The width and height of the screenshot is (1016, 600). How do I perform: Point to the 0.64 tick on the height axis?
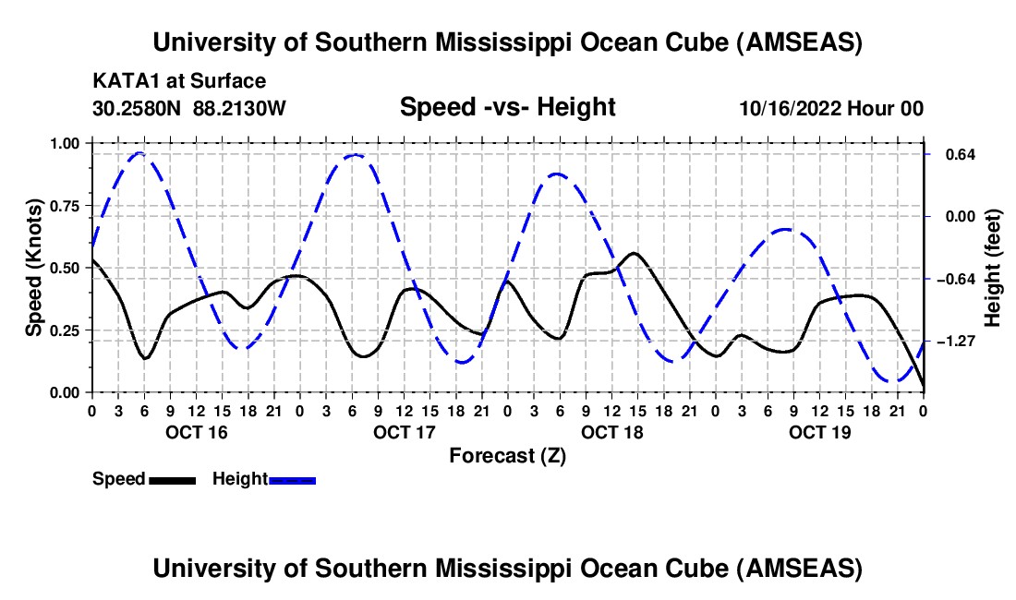953,154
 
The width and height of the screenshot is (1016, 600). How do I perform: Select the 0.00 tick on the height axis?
953,217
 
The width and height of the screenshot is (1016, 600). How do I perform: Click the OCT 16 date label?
195,432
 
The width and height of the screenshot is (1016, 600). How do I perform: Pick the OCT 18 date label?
611,432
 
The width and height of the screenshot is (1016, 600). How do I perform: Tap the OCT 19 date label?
819,432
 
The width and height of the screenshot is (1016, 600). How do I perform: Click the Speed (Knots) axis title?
34,268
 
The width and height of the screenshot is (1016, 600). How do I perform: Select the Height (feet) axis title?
993,268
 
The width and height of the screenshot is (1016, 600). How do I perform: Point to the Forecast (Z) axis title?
507,455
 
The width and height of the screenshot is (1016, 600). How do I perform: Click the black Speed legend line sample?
172,479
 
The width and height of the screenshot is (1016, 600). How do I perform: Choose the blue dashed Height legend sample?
292,479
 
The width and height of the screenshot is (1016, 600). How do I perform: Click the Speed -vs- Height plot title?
507,107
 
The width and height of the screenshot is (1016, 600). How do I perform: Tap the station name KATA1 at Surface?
179,81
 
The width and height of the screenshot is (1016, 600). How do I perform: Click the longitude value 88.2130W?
240,108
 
